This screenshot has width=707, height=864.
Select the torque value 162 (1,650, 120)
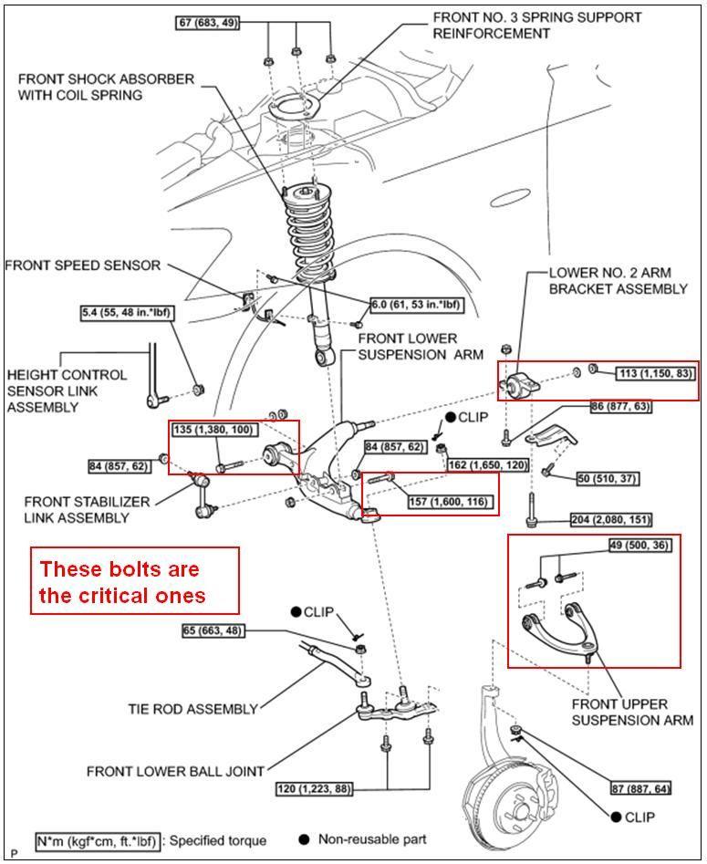click(487, 464)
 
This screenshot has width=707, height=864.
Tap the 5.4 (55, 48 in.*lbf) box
click(128, 313)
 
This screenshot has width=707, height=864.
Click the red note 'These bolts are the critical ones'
click(134, 582)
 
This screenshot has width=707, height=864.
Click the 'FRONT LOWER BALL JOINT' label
click(176, 771)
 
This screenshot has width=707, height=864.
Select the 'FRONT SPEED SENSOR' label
click(83, 265)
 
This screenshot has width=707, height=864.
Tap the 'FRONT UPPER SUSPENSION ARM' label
click(632, 712)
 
